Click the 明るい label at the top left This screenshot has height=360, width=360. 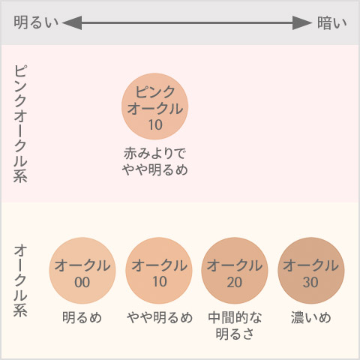pyautogui.click(x=36, y=22)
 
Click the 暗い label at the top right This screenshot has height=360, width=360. pyautogui.click(x=332, y=23)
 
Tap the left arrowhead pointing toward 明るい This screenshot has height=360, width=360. pyautogui.click(x=72, y=22)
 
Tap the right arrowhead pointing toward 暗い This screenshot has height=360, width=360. pyautogui.click(x=302, y=22)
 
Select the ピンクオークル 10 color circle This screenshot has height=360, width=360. pyautogui.click(x=154, y=106)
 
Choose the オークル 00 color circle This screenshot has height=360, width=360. pyautogui.click(x=82, y=271)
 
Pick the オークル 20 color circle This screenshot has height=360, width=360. pyautogui.click(x=235, y=271)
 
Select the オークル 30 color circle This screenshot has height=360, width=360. pyautogui.click(x=311, y=271)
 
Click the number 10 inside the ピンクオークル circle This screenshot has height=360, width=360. pyautogui.click(x=155, y=124)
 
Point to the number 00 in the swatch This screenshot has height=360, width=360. pyautogui.click(x=82, y=282)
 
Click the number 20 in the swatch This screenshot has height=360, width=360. pyautogui.click(x=235, y=282)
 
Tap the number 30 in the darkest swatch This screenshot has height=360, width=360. pyautogui.click(x=310, y=282)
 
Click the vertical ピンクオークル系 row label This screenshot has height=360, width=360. pyautogui.click(x=20, y=124)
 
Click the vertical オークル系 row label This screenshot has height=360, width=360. pyautogui.click(x=20, y=280)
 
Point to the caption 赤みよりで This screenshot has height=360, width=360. pyautogui.click(x=154, y=153)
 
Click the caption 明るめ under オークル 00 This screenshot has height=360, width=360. pyautogui.click(x=82, y=317)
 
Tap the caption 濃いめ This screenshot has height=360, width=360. pyautogui.click(x=310, y=317)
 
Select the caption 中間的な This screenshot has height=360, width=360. pyautogui.click(x=235, y=317)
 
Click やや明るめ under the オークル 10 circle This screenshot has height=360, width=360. pyautogui.click(x=160, y=317)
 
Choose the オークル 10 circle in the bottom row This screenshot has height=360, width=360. pyautogui.click(x=159, y=271)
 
